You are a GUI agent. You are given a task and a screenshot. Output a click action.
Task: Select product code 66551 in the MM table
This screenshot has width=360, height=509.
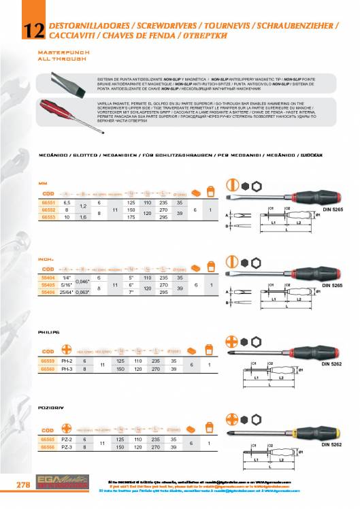pyautogui.click(x=47, y=203)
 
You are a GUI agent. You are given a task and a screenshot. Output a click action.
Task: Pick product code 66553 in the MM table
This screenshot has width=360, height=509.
pyautogui.click(x=47, y=217)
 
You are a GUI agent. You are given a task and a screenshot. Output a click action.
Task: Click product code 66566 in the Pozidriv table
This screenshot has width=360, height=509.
pyautogui.click(x=47, y=448)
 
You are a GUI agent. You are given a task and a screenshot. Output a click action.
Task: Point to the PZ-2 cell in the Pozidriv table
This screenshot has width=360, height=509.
pyautogui.click(x=67, y=441)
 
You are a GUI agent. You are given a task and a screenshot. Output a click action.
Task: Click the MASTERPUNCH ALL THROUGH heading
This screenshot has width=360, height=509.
pyautogui.click(x=61, y=56)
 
